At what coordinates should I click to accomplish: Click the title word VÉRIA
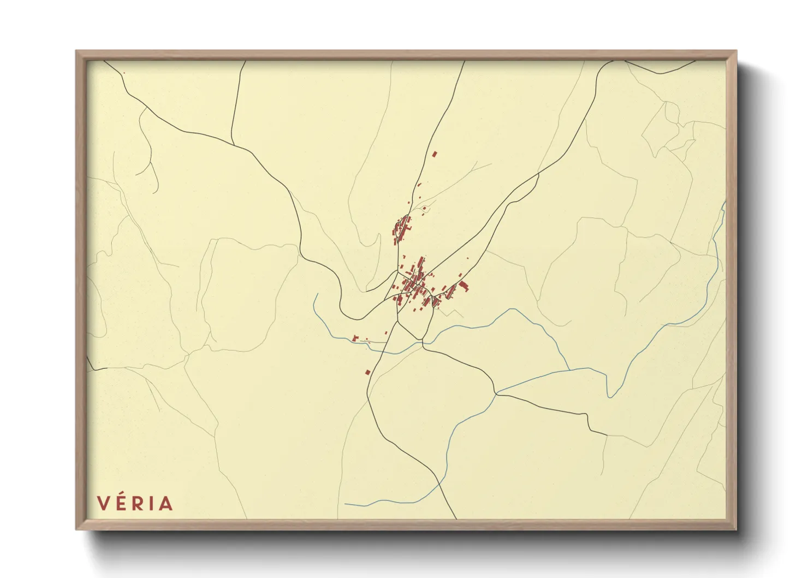135,503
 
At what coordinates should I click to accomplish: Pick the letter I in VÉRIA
151,503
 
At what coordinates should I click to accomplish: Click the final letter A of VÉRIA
165,503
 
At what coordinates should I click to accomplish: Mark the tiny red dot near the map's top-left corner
124,73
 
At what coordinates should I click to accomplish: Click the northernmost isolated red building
435,155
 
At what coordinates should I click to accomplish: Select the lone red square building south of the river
368,373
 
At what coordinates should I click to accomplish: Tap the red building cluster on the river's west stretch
356,339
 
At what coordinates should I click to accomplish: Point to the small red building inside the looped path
424,208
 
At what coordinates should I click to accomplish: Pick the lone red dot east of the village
467,258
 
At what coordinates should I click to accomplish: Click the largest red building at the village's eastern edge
464,286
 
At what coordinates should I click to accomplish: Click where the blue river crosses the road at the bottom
440,482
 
